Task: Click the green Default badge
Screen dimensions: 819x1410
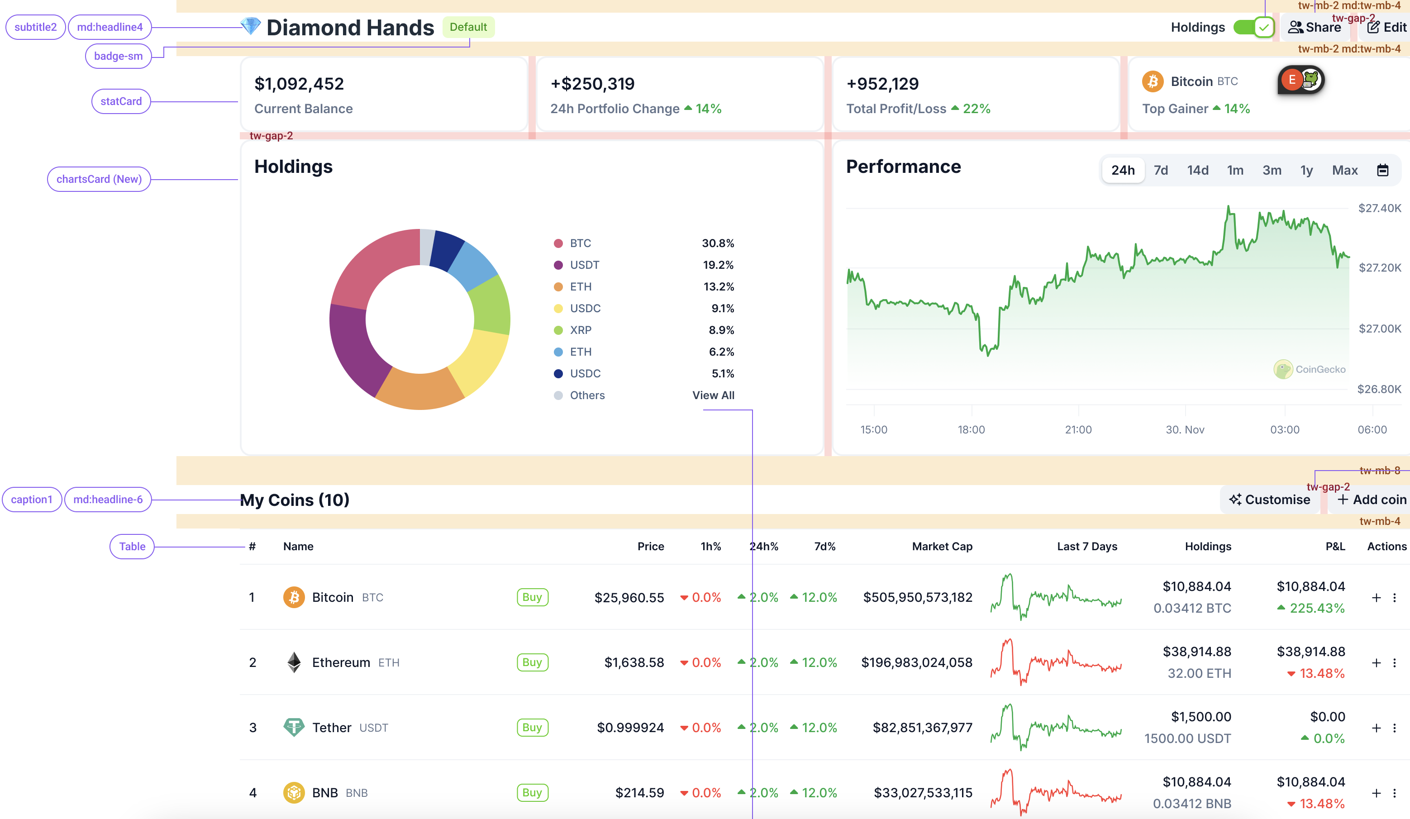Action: click(468, 27)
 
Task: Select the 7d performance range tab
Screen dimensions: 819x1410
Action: click(1161, 170)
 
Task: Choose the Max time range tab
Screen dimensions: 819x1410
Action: click(1344, 170)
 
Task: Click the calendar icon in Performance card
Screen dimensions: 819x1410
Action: click(1382, 170)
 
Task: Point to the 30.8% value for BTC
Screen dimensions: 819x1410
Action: click(718, 243)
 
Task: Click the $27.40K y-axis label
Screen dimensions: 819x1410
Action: click(1379, 208)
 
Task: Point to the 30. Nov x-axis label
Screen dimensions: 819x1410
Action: click(1185, 430)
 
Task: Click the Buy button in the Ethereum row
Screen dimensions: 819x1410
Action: click(532, 662)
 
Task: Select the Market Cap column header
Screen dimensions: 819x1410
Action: click(942, 546)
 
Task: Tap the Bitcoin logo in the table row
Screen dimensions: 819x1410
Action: click(294, 597)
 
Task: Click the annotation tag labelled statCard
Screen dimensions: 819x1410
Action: click(121, 101)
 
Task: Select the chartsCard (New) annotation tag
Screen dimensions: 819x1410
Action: click(99, 179)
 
